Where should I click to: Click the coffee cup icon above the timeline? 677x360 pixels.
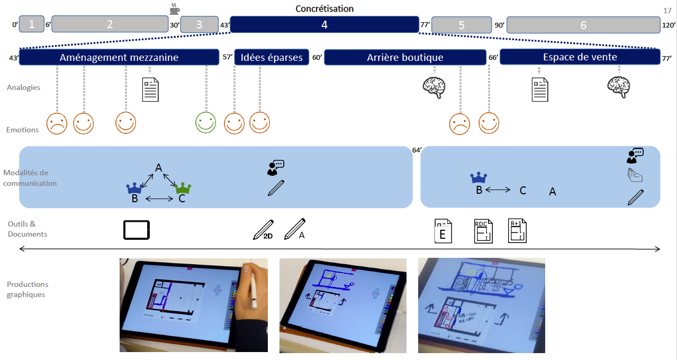tap(174, 9)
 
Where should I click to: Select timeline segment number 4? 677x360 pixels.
tap(324, 24)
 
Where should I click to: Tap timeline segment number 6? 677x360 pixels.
tap(583, 25)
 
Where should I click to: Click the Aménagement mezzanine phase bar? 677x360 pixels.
tap(119, 57)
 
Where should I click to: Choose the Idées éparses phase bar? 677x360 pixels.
tap(272, 57)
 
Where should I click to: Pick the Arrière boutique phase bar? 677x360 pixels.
tap(405, 57)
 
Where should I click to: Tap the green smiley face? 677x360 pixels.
tap(206, 122)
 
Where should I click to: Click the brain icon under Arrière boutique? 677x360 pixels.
tap(434, 87)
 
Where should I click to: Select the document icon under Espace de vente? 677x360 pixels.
tap(539, 89)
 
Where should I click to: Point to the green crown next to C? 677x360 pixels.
tap(183, 187)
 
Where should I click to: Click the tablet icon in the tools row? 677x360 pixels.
tap(137, 230)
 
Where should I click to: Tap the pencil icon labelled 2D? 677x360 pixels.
tap(263, 229)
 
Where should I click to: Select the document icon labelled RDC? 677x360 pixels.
tap(483, 231)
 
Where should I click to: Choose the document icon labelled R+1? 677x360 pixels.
tap(517, 231)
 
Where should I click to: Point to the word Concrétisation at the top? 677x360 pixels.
tap(324, 8)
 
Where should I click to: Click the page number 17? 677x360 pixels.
tap(667, 10)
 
